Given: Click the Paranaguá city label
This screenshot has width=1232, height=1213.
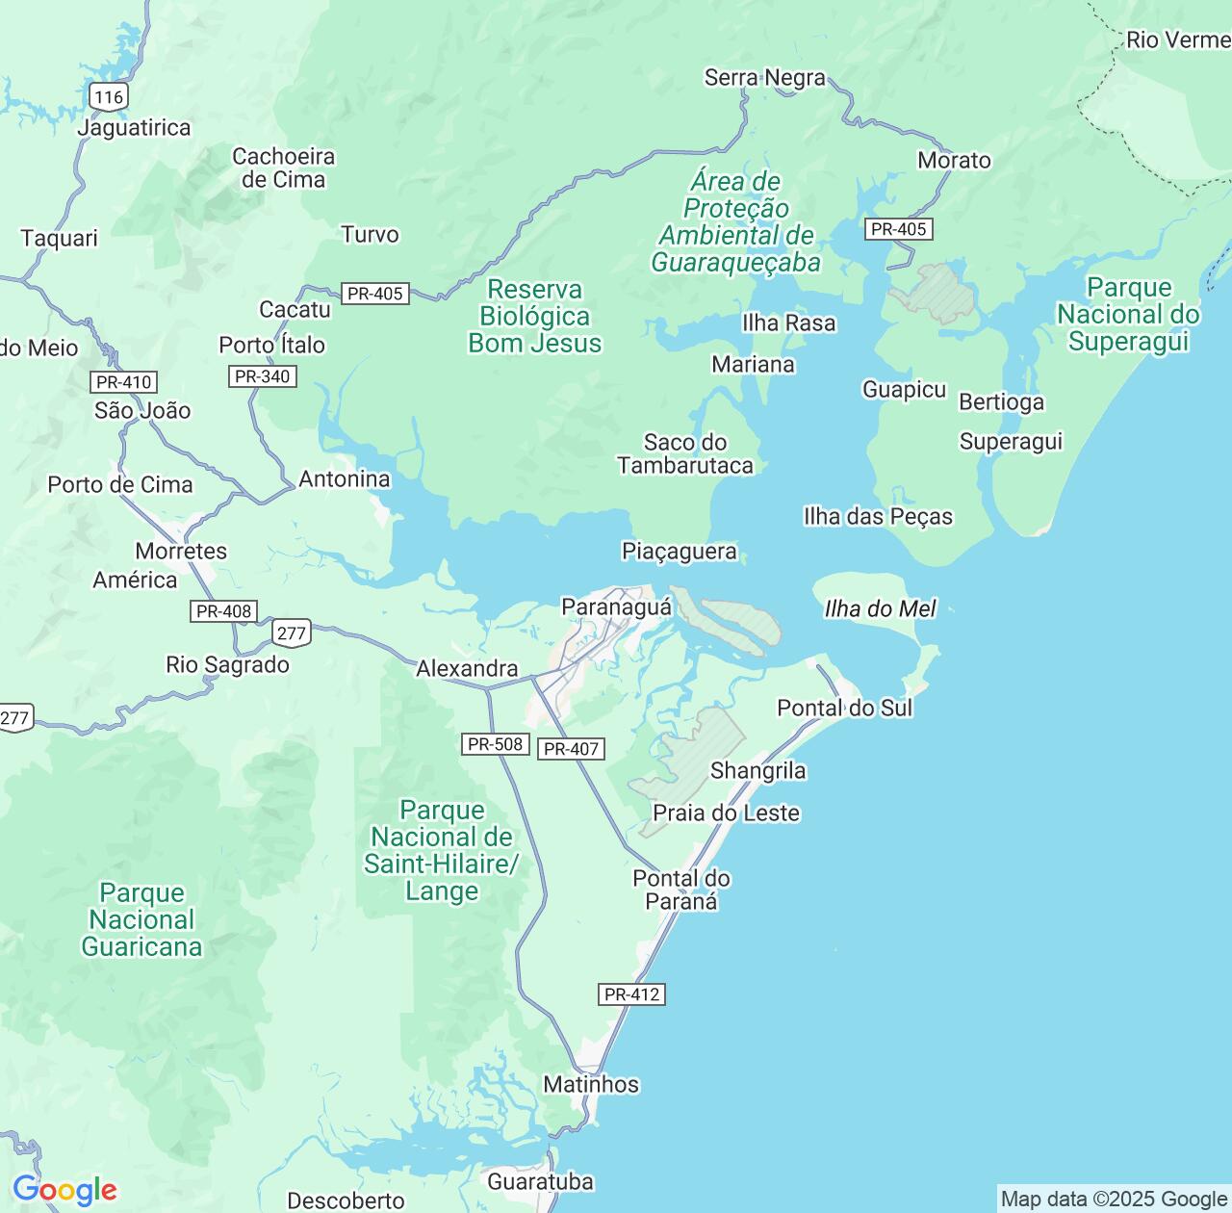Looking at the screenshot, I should click(x=616, y=607).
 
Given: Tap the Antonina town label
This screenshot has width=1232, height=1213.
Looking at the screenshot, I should click(x=345, y=478).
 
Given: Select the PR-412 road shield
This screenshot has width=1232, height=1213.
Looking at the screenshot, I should click(x=631, y=994).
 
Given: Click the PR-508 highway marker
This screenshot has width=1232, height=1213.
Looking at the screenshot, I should click(x=495, y=744).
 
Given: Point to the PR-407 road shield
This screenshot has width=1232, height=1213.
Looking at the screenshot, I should click(x=571, y=749).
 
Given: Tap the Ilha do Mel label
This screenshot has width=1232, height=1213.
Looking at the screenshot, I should click(x=880, y=608).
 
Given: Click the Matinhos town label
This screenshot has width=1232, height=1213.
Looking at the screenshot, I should click(x=590, y=1084).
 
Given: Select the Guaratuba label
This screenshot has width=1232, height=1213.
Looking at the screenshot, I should click(x=540, y=1181).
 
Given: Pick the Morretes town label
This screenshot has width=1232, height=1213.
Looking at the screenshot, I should click(x=181, y=551).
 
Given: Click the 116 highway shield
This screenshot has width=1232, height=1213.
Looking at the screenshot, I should click(x=109, y=96).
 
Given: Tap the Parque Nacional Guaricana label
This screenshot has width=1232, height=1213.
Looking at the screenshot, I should click(x=141, y=919).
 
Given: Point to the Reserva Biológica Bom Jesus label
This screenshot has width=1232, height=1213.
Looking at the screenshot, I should click(x=534, y=316).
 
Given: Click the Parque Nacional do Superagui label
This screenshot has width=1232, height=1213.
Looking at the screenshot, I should click(x=1128, y=314).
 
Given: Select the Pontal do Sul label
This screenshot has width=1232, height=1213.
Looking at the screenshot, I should click(x=844, y=708).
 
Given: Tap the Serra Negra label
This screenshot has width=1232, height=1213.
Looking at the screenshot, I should click(x=764, y=77).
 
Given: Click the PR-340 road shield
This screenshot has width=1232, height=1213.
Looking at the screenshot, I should click(x=262, y=376).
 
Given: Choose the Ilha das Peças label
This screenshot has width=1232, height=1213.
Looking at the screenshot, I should click(x=878, y=516).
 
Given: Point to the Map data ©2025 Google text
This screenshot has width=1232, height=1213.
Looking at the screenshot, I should click(x=1114, y=1199).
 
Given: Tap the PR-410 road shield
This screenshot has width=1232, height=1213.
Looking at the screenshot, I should click(x=124, y=382).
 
